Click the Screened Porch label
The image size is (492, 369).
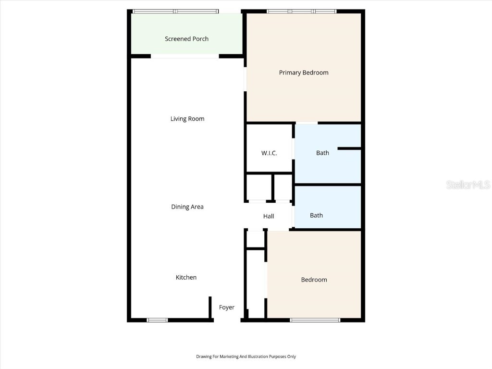click(186, 39)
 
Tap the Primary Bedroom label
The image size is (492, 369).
click(304, 73)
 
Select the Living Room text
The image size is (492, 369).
click(187, 119)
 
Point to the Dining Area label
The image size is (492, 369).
click(187, 207)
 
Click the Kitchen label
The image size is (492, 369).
click(186, 277)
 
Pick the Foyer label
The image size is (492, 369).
click(227, 307)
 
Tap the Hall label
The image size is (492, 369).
click(269, 216)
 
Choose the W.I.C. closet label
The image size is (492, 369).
click(269, 153)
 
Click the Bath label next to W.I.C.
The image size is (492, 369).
click(322, 153)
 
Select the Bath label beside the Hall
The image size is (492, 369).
click(316, 215)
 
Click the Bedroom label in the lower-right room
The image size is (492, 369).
click(314, 280)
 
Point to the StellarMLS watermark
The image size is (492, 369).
click(468, 184)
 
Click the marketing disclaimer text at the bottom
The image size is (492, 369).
click(246, 357)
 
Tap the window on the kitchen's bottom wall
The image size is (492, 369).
click(157, 320)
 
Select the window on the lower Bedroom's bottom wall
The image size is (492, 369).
click(315, 320)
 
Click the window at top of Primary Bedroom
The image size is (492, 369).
click(301, 11)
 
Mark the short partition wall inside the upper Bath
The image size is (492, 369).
click(349, 148)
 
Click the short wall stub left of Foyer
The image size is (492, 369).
click(210, 307)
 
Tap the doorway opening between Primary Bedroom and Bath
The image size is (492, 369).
click(306, 123)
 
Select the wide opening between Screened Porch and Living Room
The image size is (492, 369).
click(185, 57)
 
